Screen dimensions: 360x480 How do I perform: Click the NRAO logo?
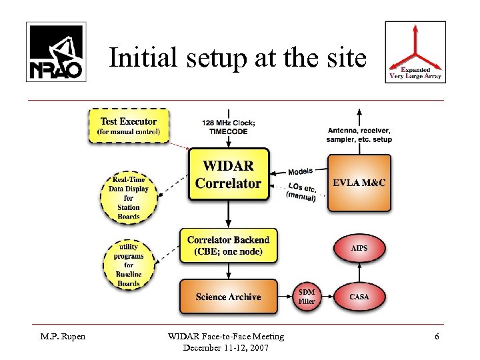point(56,51)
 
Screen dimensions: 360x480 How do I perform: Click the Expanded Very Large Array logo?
point(416,51)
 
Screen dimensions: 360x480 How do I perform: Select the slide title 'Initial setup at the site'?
point(237,58)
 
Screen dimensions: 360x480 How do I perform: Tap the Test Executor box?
point(129,125)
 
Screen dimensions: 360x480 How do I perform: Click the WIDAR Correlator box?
point(228,174)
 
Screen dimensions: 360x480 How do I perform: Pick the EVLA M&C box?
point(359,183)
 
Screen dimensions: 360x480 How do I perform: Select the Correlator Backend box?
point(228,245)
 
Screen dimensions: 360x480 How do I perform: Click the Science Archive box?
point(228,297)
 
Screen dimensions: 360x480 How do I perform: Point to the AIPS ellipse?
point(359,249)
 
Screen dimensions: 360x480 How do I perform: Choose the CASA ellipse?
point(359,297)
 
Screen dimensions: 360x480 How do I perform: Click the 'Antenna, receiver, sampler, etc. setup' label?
point(359,135)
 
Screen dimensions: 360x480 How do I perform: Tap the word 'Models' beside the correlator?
point(301,171)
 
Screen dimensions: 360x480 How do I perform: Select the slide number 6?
point(437,337)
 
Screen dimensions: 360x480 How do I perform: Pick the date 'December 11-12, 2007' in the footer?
point(227,347)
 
